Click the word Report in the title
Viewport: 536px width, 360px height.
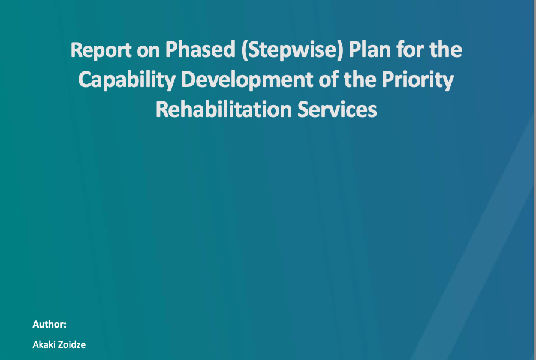click(x=101, y=50)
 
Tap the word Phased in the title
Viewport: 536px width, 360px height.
click(x=200, y=49)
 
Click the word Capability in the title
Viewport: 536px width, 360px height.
click(x=127, y=80)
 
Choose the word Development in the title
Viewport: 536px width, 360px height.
click(x=246, y=80)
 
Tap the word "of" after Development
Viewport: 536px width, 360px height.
click(x=328, y=79)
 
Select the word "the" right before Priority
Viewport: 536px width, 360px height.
click(x=359, y=79)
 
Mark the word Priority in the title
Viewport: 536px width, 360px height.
click(x=418, y=80)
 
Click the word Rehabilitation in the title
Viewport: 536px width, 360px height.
click(x=224, y=109)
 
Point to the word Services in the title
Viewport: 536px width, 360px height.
click(x=337, y=109)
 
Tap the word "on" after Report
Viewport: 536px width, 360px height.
click(x=148, y=52)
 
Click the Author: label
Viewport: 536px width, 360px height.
click(x=50, y=324)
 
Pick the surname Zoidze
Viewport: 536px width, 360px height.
click(x=72, y=344)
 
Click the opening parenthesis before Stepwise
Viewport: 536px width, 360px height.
click(x=245, y=50)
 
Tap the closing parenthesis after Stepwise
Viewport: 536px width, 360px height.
click(x=340, y=50)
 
